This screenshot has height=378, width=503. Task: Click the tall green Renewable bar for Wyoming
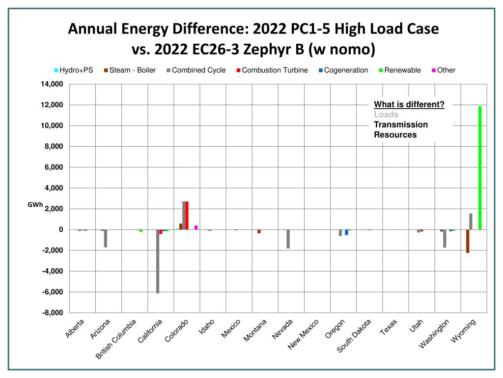click(480, 167)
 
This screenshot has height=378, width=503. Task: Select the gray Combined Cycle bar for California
click(158, 261)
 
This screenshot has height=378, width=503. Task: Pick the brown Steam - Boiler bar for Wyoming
click(468, 241)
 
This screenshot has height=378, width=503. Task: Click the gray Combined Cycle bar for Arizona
click(106, 238)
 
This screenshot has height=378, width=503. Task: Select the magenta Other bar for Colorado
click(196, 227)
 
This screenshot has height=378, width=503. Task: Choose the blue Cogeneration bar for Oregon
click(346, 232)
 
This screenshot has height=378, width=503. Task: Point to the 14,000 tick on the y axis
click(52, 84)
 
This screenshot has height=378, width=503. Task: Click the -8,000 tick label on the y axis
click(52, 313)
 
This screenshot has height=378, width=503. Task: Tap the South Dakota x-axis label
click(354, 335)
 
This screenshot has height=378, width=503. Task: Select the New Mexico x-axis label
click(304, 334)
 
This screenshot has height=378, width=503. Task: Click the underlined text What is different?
click(409, 104)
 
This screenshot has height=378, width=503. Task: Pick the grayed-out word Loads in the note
click(386, 115)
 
